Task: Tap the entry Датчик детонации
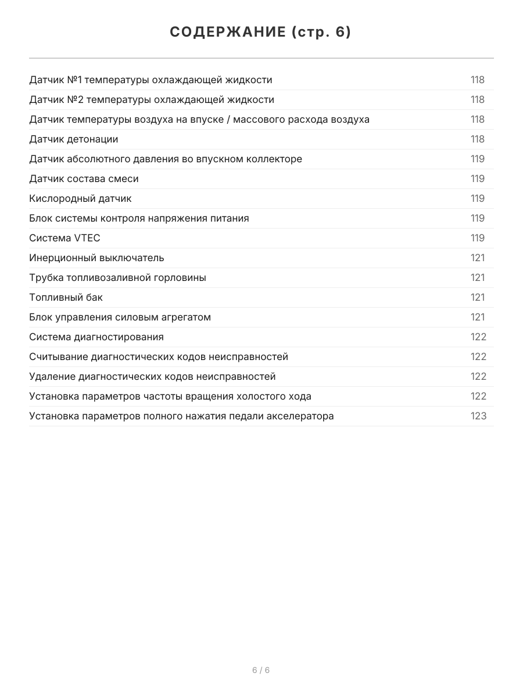(x=74, y=139)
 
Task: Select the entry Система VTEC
(x=65, y=238)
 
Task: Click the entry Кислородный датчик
(x=80, y=198)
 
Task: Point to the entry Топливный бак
(x=66, y=297)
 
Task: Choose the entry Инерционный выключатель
(x=96, y=258)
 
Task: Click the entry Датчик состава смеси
(x=84, y=179)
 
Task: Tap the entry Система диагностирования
(x=96, y=337)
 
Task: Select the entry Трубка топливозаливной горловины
(x=117, y=277)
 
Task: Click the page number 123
(x=478, y=416)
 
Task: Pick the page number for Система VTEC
(x=478, y=238)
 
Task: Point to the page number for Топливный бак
(x=478, y=297)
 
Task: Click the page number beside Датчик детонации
(x=478, y=139)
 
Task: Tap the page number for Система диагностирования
(x=478, y=337)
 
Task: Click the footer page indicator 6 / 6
(x=261, y=670)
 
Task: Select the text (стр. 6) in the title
(x=321, y=33)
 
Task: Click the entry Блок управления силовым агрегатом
(x=120, y=317)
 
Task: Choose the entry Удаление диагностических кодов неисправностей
(x=152, y=376)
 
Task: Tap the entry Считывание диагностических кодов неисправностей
(x=159, y=357)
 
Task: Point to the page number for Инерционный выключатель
(x=478, y=258)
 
